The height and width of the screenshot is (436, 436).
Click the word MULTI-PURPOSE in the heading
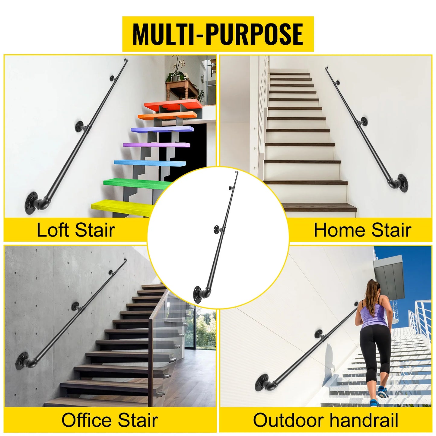[x=218, y=34]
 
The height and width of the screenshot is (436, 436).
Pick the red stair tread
[x=173, y=105]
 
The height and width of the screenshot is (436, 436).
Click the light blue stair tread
[x=149, y=163]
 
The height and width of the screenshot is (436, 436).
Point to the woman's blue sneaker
[x=383, y=392]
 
